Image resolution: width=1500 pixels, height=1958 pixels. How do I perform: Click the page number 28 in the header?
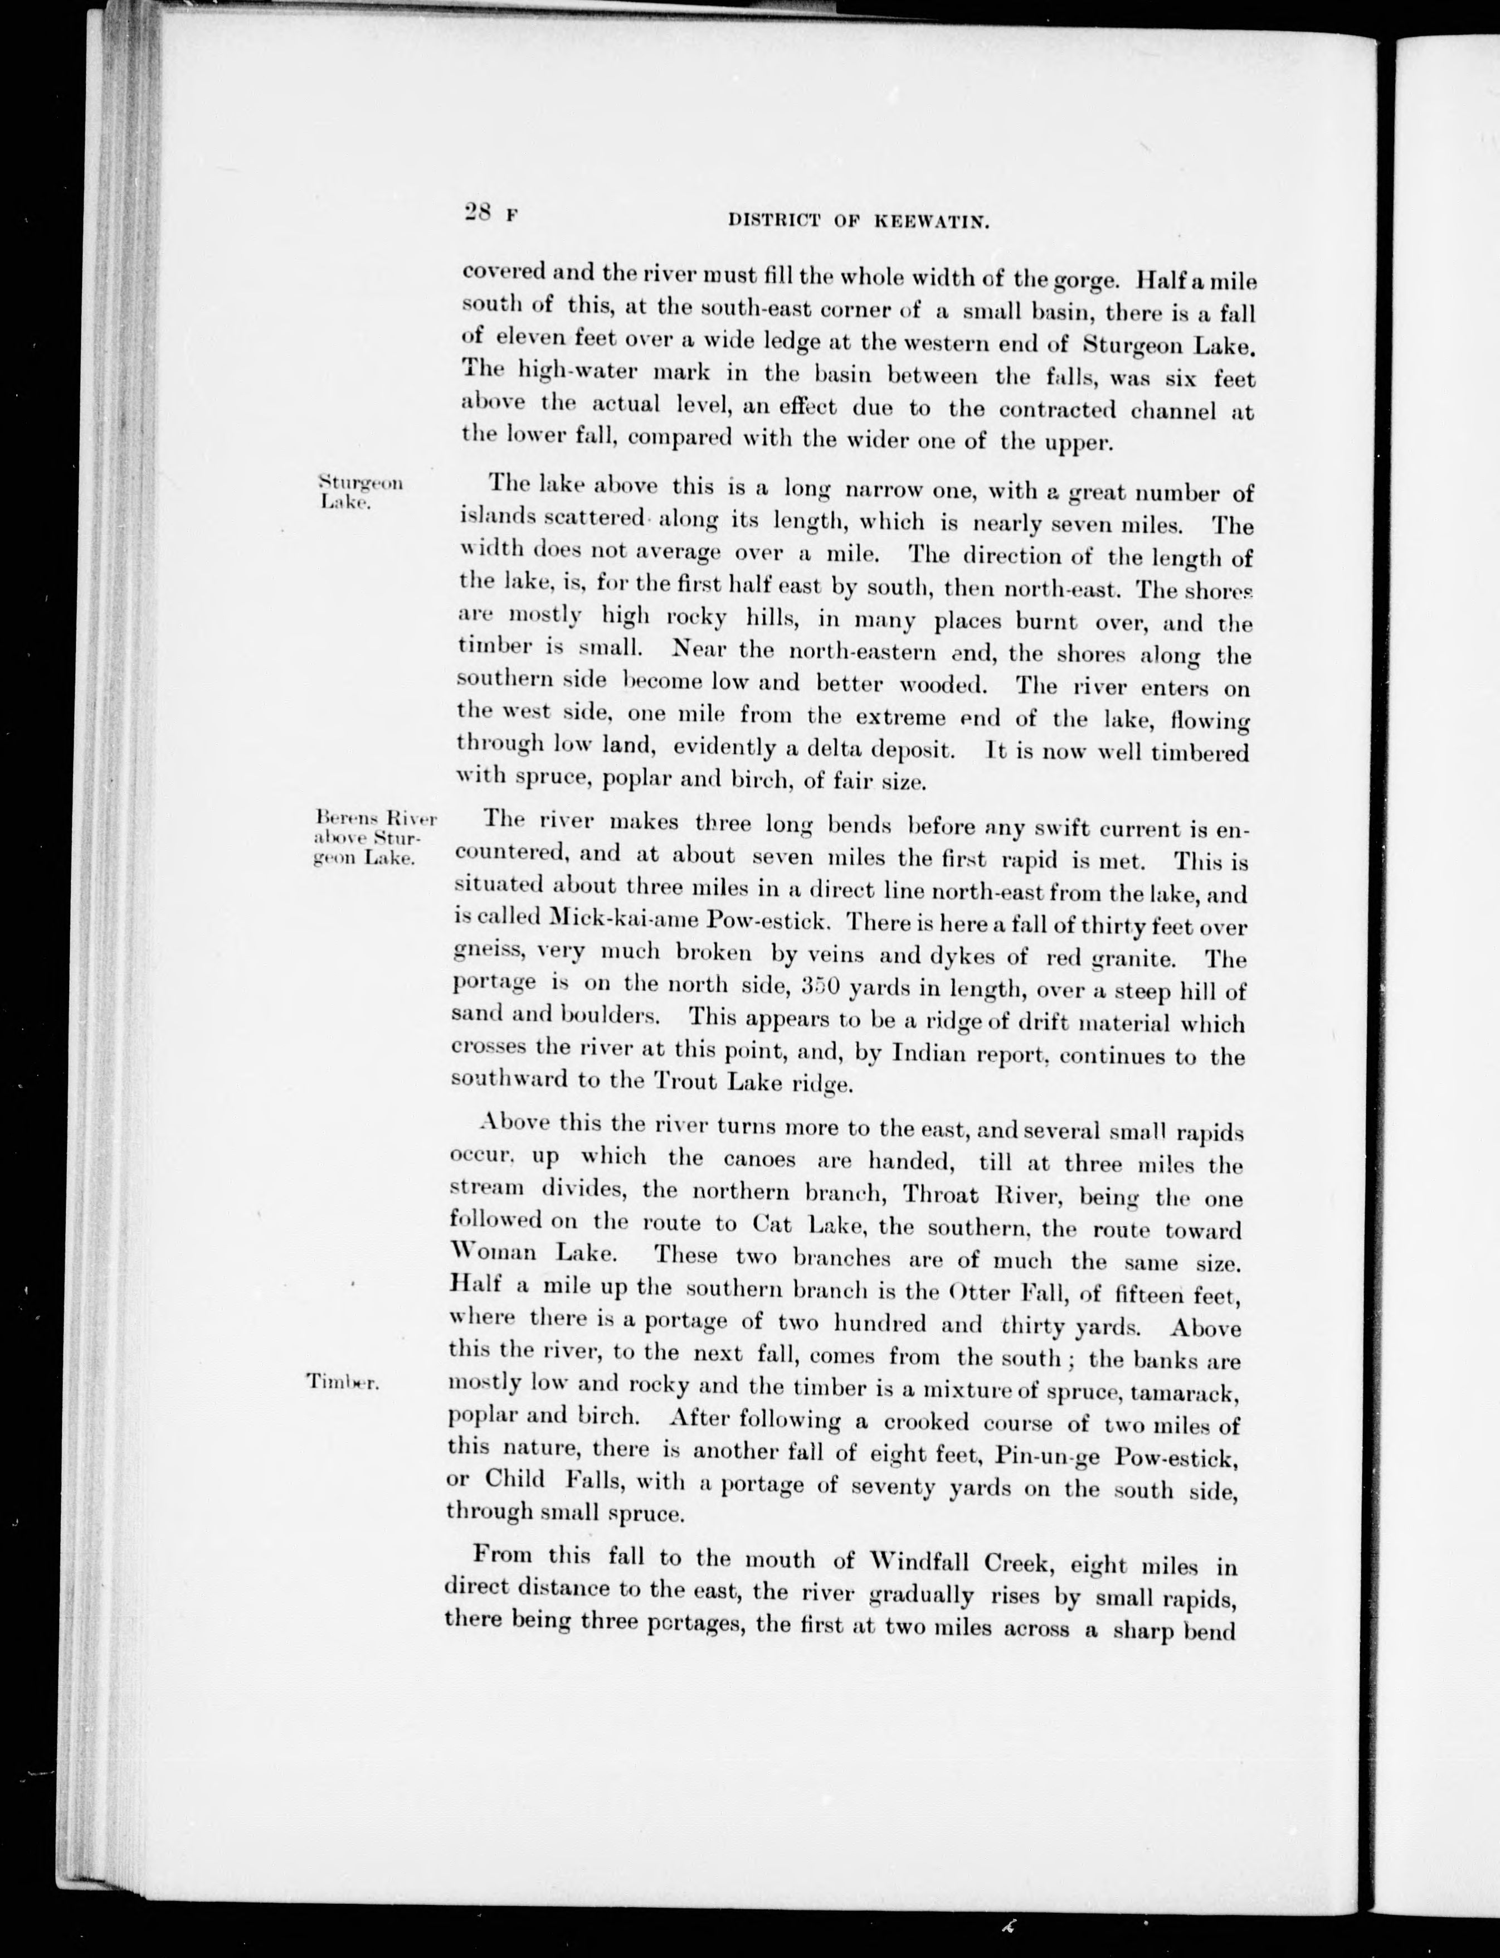point(479,212)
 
